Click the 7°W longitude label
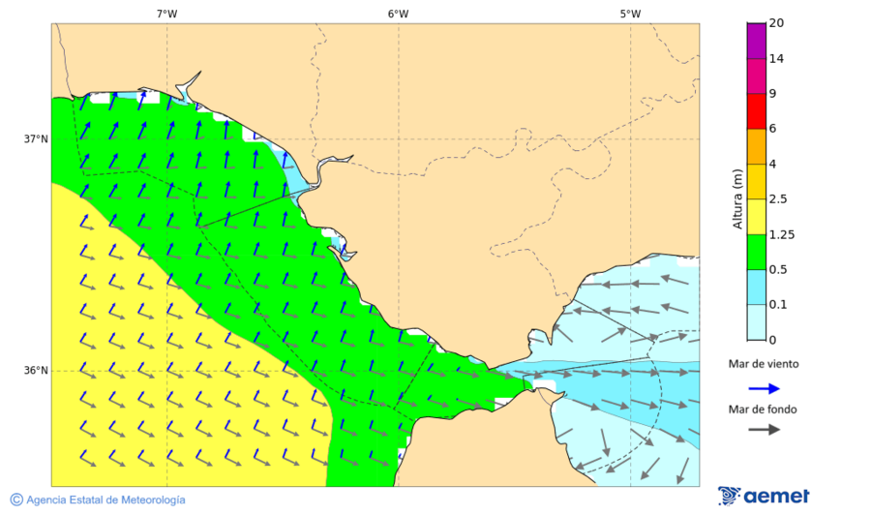(166, 14)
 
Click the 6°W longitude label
(398, 14)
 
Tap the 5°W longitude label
(630, 14)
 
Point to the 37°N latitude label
(36, 138)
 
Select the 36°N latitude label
(36, 371)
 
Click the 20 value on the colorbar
(776, 23)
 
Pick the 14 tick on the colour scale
(776, 59)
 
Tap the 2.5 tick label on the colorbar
(778, 199)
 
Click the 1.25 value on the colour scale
(781, 234)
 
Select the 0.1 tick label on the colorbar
(778, 304)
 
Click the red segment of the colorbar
(756, 111)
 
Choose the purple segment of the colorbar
(756, 41)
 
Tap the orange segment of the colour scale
(756, 146)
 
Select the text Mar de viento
(764, 364)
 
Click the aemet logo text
(776, 496)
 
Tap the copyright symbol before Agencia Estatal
(16, 500)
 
